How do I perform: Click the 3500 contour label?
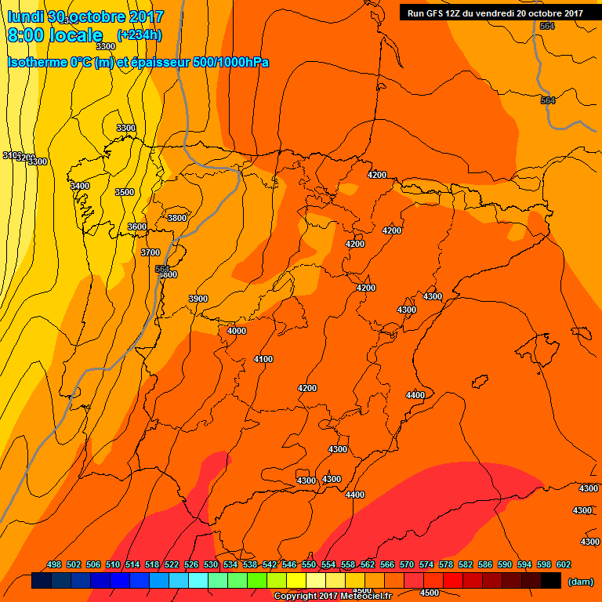(x=124, y=192)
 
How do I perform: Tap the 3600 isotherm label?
(x=136, y=227)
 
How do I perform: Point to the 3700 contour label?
(x=150, y=252)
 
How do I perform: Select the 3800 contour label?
(x=177, y=218)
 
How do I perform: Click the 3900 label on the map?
(x=198, y=299)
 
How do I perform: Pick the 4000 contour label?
(x=236, y=331)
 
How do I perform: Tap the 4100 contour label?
(x=263, y=359)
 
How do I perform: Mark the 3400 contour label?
(x=80, y=186)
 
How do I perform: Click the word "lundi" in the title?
(x=25, y=16)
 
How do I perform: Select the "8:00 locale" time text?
(x=55, y=36)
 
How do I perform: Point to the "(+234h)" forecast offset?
(x=139, y=35)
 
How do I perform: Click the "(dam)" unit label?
(x=579, y=581)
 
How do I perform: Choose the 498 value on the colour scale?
(x=54, y=564)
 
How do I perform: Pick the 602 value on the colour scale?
(x=564, y=564)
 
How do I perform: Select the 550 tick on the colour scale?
(x=309, y=564)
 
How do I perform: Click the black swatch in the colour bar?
(x=550, y=581)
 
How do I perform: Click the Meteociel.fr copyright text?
(x=332, y=597)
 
